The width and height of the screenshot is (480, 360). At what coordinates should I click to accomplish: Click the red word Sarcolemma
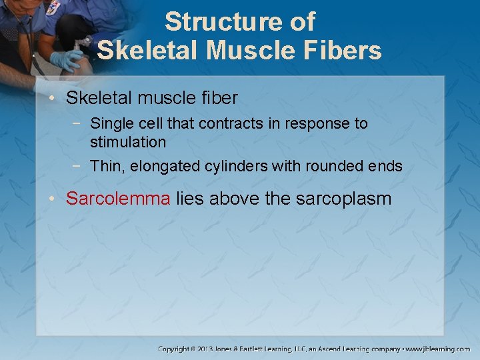(x=119, y=198)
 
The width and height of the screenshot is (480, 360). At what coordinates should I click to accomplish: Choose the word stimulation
(x=128, y=142)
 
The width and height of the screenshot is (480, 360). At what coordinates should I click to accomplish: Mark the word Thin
(x=105, y=167)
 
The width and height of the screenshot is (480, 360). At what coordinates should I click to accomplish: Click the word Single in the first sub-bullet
(x=110, y=123)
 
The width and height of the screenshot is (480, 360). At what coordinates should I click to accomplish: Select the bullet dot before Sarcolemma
(x=57, y=199)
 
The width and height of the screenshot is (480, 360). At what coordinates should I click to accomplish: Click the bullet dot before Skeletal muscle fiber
(x=57, y=99)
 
